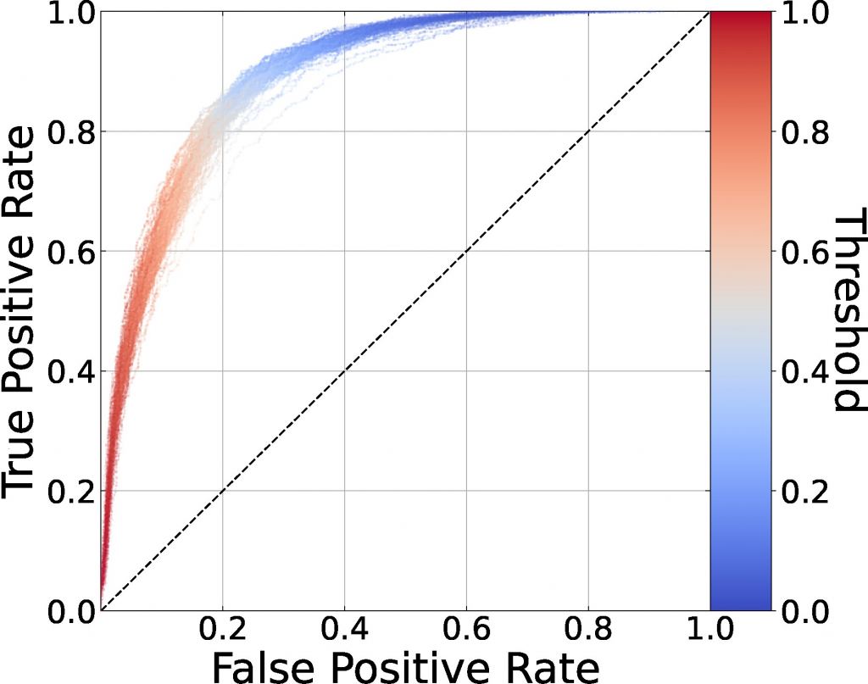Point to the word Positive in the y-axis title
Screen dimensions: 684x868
[x=23, y=322]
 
